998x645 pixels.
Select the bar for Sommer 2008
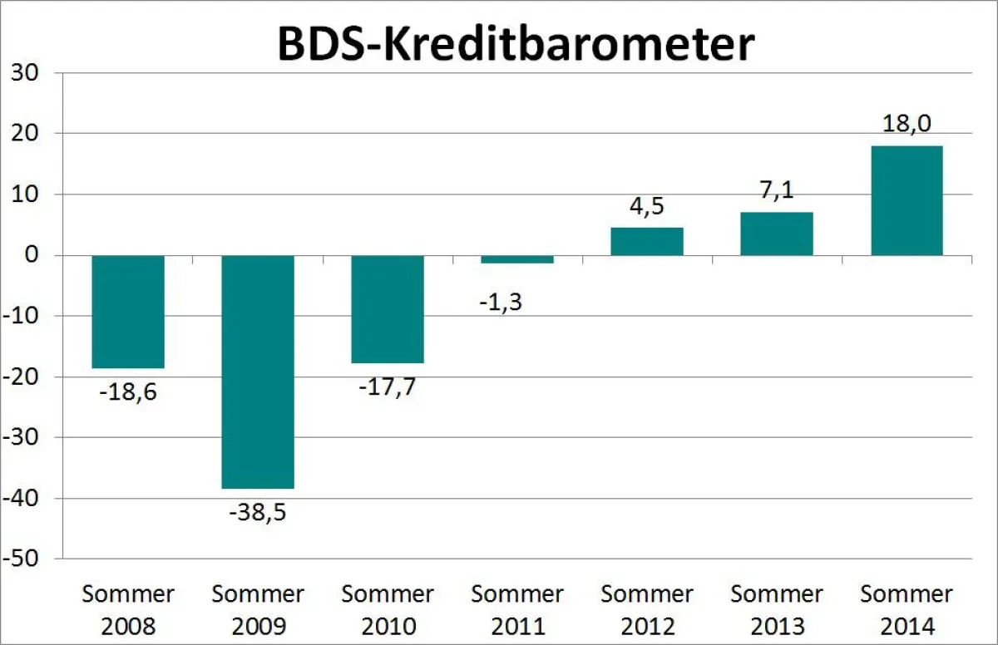point(128,312)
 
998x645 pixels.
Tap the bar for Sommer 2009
point(258,372)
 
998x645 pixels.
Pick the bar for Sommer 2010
point(388,309)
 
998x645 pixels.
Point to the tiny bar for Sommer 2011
point(517,259)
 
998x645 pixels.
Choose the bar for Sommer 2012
point(647,241)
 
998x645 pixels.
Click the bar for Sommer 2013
point(777,234)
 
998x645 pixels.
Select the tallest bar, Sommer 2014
point(907,200)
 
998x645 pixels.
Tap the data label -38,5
point(257,512)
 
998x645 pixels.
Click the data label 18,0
point(907,125)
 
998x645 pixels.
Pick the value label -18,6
point(127,391)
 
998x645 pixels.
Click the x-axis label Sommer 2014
point(907,609)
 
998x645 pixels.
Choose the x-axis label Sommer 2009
point(258,609)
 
